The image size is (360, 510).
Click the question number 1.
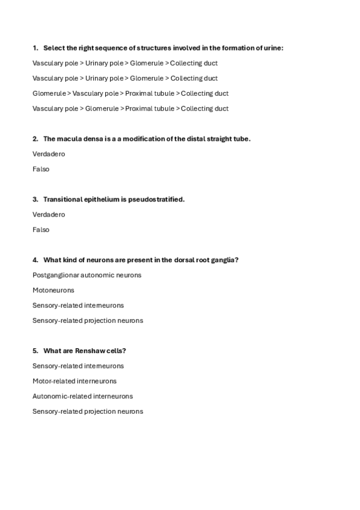[x=35, y=48]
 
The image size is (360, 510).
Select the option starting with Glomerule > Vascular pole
[x=130, y=93]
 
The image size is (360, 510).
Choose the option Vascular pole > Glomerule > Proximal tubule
[x=130, y=108]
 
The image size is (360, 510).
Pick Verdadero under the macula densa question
[x=49, y=154]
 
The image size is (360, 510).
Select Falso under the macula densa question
[x=41, y=169]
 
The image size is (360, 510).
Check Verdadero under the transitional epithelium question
[x=49, y=215]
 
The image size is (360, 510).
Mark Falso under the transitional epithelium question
[x=41, y=230]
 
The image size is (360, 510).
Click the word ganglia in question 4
[x=223, y=260]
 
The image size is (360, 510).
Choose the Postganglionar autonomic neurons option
[x=87, y=275]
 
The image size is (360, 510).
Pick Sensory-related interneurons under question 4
[x=78, y=306]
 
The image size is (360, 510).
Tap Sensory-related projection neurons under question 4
[x=88, y=321]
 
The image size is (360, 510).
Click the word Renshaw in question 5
[x=87, y=351]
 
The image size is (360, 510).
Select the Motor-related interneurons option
[x=75, y=381]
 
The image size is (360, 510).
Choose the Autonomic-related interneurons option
[x=83, y=396]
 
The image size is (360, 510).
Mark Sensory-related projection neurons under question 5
[x=88, y=411]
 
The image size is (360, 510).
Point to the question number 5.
[x=35, y=351]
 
